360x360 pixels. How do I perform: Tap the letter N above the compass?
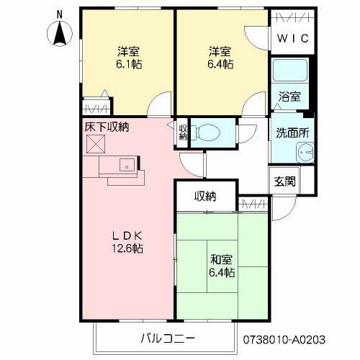pyautogui.click(x=60, y=13)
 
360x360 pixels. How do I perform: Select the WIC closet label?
pyautogui.click(x=293, y=38)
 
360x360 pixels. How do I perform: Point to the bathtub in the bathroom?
pyautogui.click(x=289, y=71)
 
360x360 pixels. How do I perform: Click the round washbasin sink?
pyautogui.click(x=305, y=153)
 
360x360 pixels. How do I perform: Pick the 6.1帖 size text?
pyautogui.click(x=128, y=64)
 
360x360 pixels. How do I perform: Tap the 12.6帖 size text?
pyautogui.click(x=127, y=248)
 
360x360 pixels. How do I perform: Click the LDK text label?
pyautogui.click(x=127, y=235)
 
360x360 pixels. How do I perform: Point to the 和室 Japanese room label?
pyautogui.click(x=220, y=258)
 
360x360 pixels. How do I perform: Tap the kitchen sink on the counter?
pyautogui.click(x=127, y=164)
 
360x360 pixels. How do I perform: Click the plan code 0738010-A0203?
pyautogui.click(x=294, y=338)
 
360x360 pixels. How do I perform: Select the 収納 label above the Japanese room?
pyautogui.click(x=205, y=196)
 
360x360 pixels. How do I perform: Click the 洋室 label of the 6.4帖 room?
pyautogui.click(x=220, y=51)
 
